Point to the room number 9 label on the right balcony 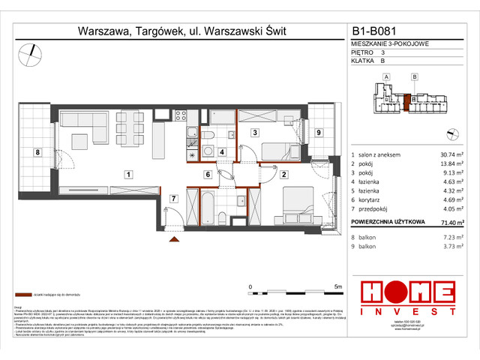319,133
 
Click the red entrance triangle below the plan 175,239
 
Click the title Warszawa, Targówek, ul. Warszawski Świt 182,31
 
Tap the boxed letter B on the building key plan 414,76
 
